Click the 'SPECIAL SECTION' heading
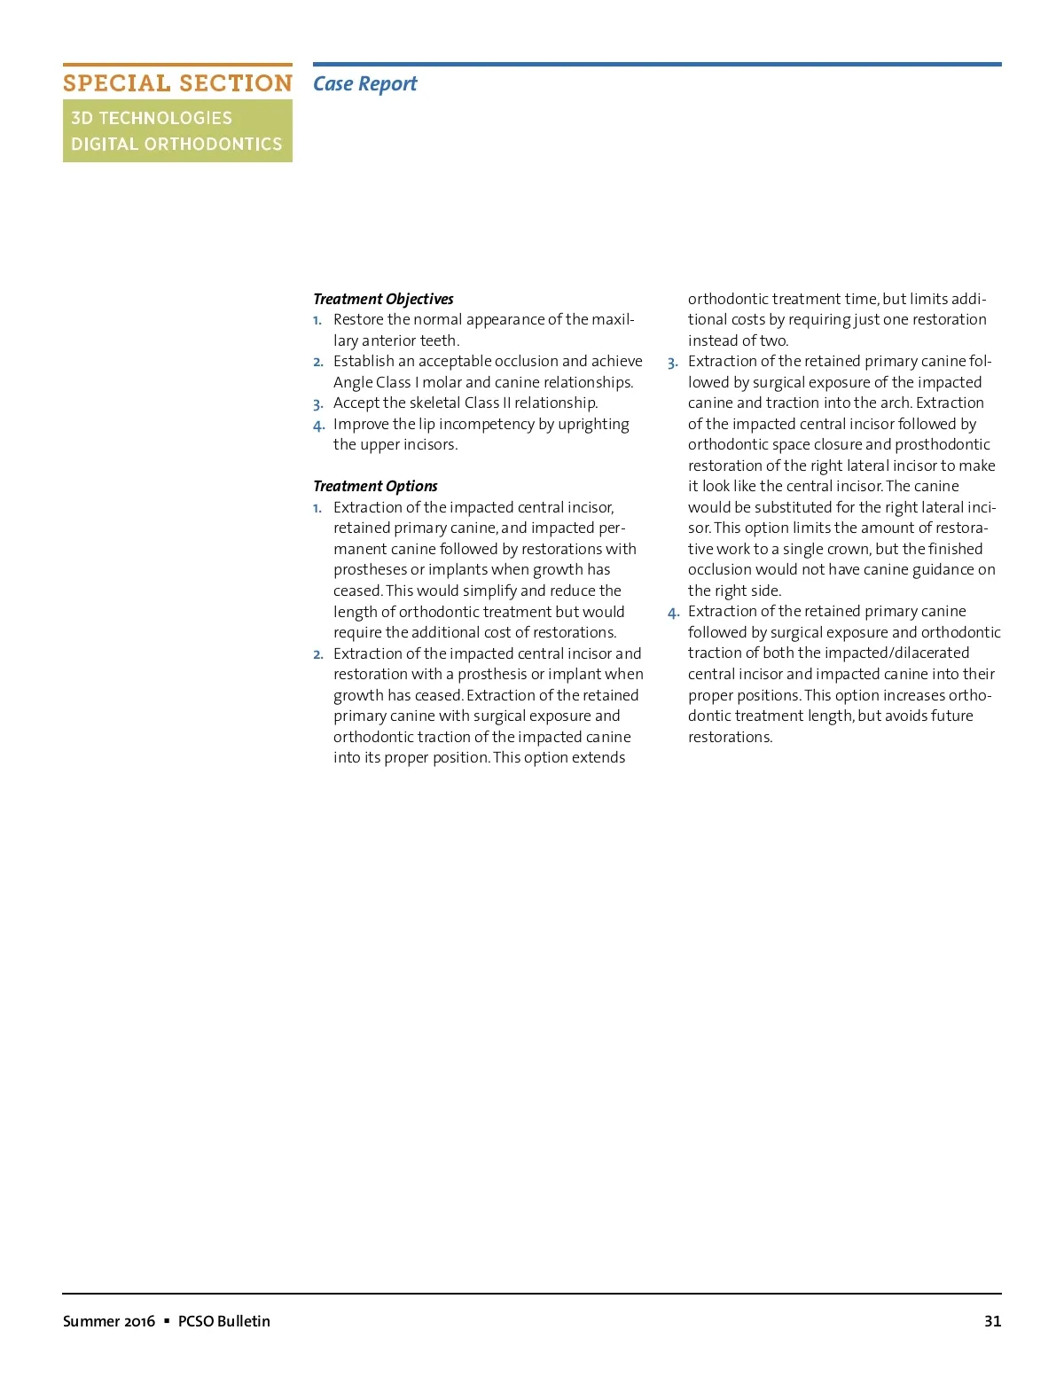(177, 83)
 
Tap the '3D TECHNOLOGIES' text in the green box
(152, 118)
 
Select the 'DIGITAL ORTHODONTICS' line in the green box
(176, 144)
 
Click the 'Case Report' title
(364, 83)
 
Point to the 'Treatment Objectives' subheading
(383, 299)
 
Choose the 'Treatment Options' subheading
(375, 486)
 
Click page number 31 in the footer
(992, 1321)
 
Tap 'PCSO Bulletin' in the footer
(224, 1321)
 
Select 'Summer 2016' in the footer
(109, 1321)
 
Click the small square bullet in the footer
(167, 1320)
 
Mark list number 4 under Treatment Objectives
(318, 426)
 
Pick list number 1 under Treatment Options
(317, 508)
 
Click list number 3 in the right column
(673, 363)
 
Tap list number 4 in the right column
(673, 613)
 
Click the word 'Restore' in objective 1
(358, 319)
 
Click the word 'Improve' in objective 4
(361, 424)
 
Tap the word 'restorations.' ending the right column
(730, 737)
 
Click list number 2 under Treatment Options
(318, 654)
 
